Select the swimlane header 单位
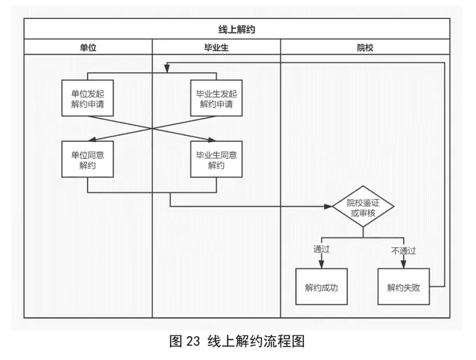[x=87, y=48]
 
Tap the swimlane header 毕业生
[x=216, y=48]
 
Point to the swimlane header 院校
[x=365, y=48]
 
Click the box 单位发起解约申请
[x=87, y=99]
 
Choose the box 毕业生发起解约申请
[x=216, y=99]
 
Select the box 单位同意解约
[x=87, y=160]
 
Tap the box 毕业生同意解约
[x=216, y=160]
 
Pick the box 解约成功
[x=321, y=286]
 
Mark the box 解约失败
[x=403, y=286]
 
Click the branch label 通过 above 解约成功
[x=321, y=249]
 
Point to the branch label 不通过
[x=403, y=249]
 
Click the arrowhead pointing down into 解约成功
[x=321, y=264]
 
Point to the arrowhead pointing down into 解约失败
[x=403, y=264]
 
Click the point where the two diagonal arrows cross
[x=153, y=129]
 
